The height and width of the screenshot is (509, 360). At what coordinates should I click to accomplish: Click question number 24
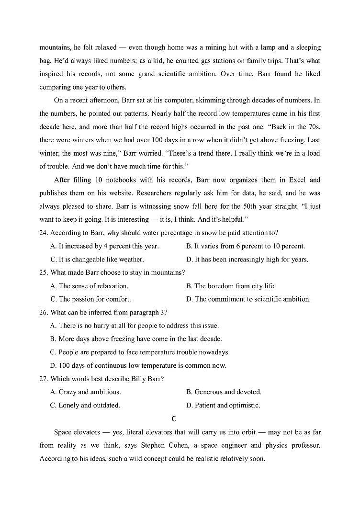point(44,233)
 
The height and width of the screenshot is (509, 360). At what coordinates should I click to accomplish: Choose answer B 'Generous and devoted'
point(224,392)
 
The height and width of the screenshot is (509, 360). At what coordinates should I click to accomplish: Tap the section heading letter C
point(174,419)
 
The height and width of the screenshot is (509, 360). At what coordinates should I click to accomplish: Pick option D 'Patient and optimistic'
point(223,405)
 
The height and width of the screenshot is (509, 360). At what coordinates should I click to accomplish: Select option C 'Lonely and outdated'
point(85,405)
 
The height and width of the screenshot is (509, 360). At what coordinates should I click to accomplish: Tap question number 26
point(44,312)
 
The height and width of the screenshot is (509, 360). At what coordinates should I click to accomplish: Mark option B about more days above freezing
point(136,339)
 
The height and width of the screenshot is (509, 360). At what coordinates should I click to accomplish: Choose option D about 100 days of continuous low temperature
point(138,365)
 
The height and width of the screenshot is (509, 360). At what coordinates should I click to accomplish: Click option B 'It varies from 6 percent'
point(245,246)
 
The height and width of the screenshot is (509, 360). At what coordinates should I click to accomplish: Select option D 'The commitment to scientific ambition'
point(248,299)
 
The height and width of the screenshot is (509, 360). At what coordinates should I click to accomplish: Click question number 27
point(44,378)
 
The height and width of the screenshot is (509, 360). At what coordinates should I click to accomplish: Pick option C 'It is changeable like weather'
point(97,260)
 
